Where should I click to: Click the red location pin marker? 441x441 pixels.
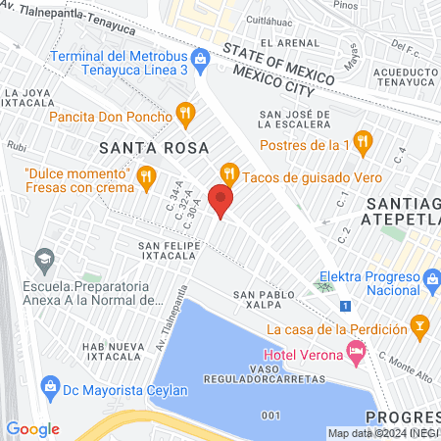pyautogui.click(x=221, y=201)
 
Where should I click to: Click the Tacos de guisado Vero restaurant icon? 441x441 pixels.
pyautogui.click(x=229, y=174)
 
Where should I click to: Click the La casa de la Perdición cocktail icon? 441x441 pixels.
pyautogui.click(x=419, y=324)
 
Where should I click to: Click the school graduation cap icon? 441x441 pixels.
pyautogui.click(x=43, y=261)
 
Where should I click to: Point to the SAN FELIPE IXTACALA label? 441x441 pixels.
pyautogui.click(x=176, y=251)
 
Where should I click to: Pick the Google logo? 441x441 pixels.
pyautogui.click(x=32, y=428)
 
